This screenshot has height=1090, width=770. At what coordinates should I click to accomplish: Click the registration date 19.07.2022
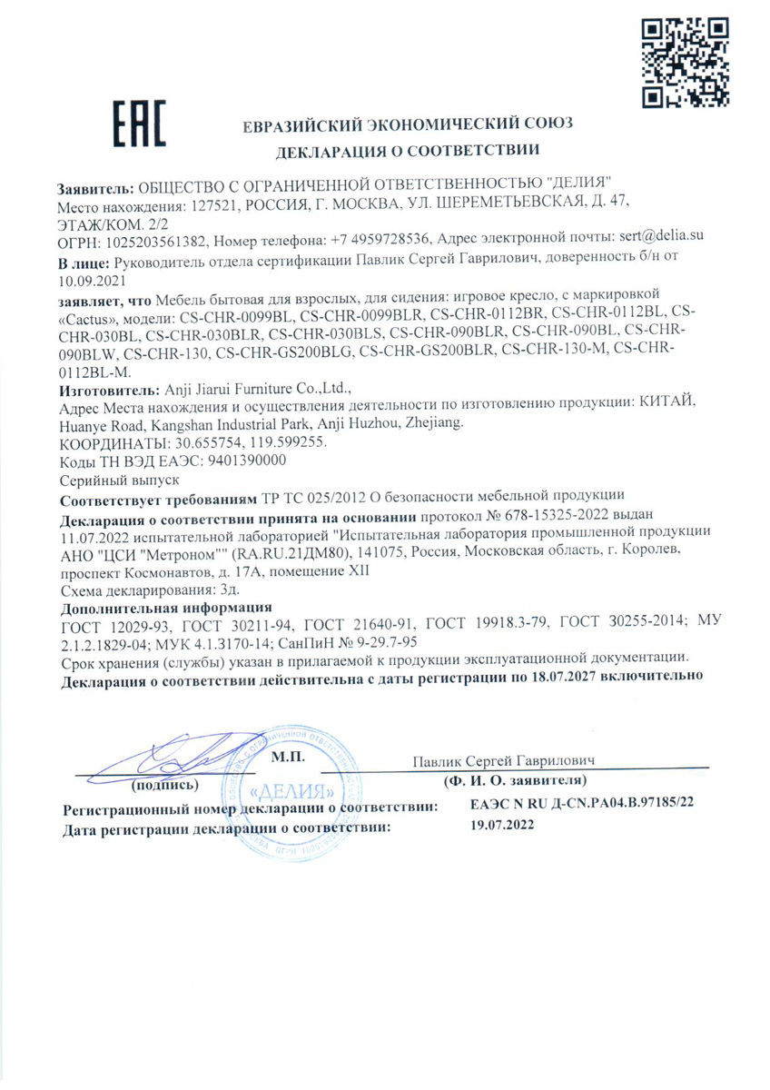(502, 827)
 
